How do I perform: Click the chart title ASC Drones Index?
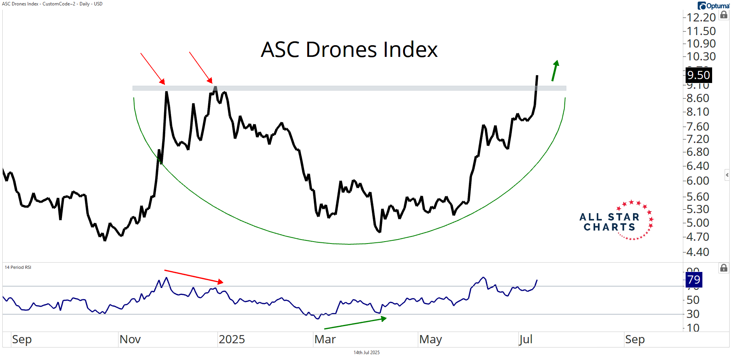coord(349,50)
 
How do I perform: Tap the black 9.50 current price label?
coord(698,75)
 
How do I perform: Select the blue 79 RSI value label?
coord(694,279)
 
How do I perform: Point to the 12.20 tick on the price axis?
coord(701,18)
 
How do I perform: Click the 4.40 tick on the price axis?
coord(698,252)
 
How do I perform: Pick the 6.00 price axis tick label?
coord(698,181)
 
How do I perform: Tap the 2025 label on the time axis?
coord(232,339)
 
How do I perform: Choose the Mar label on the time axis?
coord(325,339)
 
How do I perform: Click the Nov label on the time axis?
coord(130,339)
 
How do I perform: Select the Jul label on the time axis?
coord(525,339)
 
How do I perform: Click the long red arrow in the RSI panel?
coord(194,276)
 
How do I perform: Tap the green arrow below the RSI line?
coord(355,323)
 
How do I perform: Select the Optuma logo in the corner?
coord(713,6)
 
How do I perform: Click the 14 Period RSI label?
coord(18,267)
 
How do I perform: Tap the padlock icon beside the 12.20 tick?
coord(724,15)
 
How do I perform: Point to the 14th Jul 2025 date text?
coord(366,353)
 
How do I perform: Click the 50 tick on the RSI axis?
coord(693,300)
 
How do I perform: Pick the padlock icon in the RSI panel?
coord(724,268)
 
